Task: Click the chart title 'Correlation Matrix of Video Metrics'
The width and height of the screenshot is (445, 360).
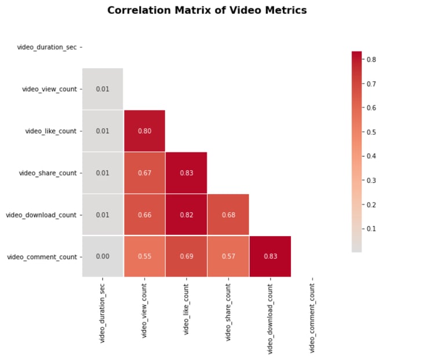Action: [207, 10]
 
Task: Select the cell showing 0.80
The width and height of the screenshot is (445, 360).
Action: [144, 131]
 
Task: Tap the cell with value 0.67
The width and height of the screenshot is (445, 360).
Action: [144, 172]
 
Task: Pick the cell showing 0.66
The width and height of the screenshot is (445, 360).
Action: [144, 215]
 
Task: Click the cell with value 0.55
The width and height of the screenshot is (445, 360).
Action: [144, 256]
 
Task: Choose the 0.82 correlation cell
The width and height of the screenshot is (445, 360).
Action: [186, 215]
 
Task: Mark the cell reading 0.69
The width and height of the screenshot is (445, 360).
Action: [186, 256]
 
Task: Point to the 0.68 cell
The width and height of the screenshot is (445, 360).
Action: [228, 215]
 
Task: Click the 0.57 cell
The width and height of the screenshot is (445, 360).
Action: [228, 256]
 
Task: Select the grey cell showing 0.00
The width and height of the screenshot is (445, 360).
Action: [103, 256]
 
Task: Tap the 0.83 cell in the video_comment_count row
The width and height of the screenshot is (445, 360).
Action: [270, 256]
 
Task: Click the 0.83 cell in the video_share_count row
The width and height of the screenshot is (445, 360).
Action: [186, 172]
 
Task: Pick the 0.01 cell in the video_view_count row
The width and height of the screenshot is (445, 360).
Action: [103, 89]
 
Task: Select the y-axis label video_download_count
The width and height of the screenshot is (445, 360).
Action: [41, 215]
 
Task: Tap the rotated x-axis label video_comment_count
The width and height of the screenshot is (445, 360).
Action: [312, 315]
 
